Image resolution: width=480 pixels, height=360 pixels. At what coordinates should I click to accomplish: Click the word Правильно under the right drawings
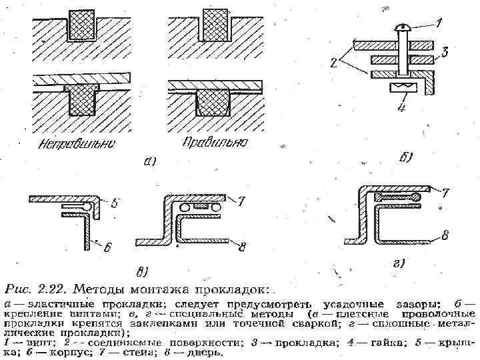207,142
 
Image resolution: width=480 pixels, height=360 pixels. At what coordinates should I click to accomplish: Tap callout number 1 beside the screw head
438,23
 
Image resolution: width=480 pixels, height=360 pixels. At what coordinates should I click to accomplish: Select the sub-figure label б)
406,158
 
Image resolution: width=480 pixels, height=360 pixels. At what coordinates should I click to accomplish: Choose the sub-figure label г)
399,265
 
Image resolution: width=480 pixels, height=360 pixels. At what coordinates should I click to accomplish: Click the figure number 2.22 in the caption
51,289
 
